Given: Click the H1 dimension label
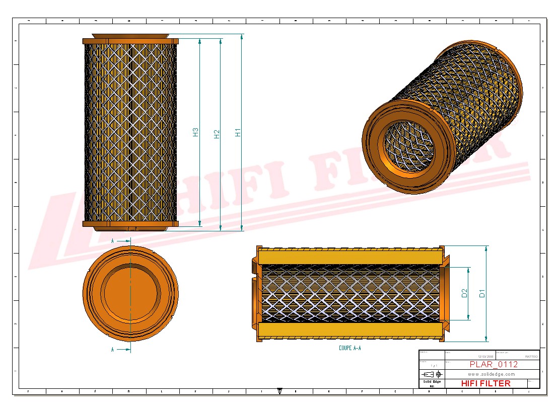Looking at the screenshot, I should [238, 132].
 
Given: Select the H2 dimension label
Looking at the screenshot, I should [217, 134].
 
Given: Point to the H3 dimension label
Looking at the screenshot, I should [196, 132].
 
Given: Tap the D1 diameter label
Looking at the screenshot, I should [482, 293].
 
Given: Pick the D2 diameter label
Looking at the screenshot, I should [464, 293].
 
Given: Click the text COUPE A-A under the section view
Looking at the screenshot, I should [349, 348].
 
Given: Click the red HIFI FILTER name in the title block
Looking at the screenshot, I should [485, 383].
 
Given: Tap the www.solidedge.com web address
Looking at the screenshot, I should [492, 374].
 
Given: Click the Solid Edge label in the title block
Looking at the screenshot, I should [432, 382].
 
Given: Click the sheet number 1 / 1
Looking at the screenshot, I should [434, 366].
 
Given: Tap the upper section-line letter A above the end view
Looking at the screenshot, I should [113, 241].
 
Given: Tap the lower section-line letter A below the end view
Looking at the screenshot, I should [113, 349].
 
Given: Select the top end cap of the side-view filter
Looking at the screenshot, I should [130, 40].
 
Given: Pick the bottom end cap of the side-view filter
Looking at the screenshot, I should [130, 224].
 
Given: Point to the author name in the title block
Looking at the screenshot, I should [531, 356].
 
